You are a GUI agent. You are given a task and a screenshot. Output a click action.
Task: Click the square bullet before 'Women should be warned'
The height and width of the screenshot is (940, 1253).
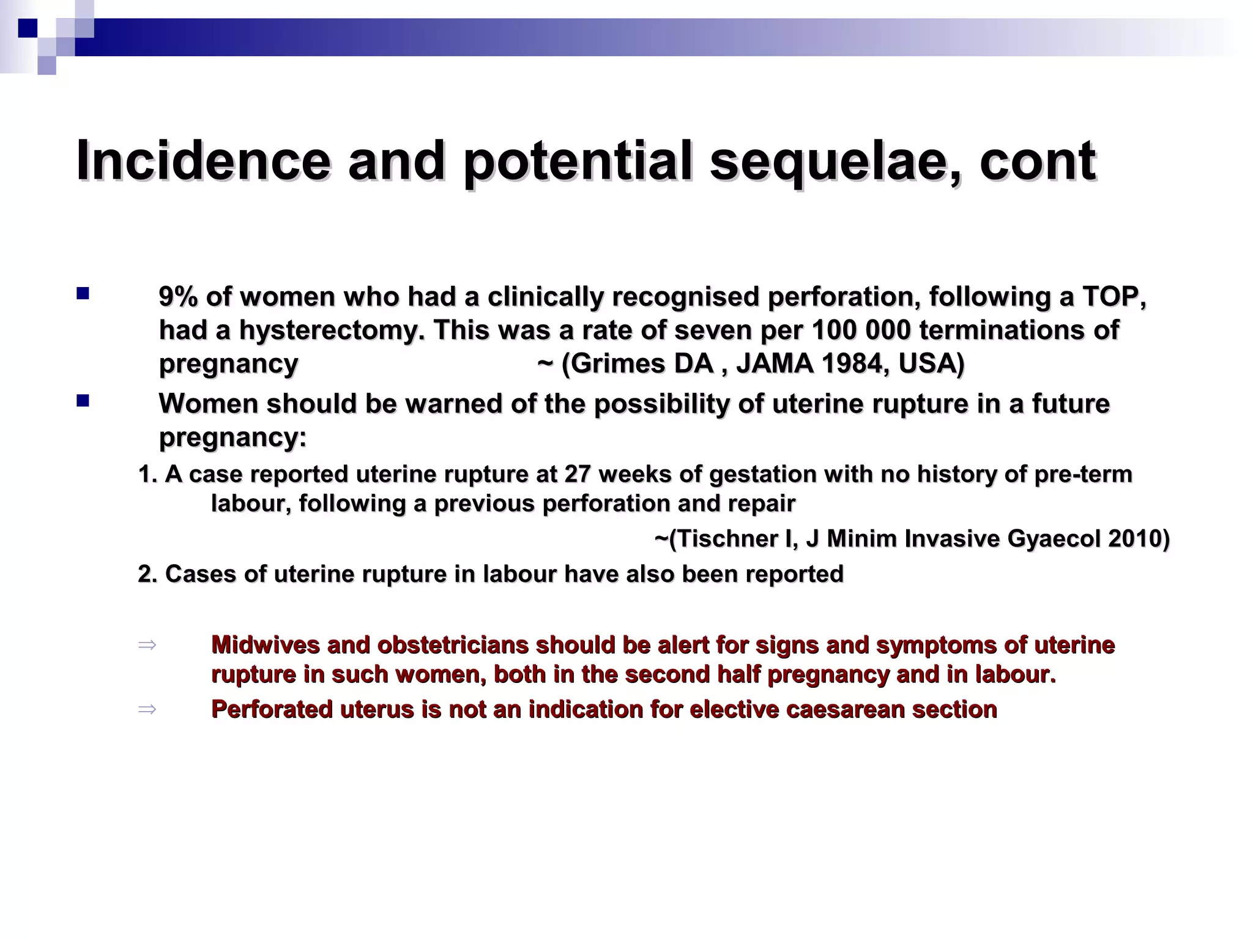(x=83, y=401)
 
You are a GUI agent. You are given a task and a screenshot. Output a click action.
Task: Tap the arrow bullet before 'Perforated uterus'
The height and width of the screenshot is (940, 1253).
(x=147, y=709)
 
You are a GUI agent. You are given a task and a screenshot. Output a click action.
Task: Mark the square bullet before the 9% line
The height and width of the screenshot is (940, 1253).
(x=83, y=294)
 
